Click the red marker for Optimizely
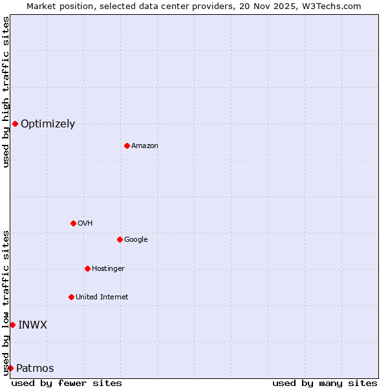tap(15, 124)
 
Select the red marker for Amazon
tap(127, 145)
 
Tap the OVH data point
tap(73, 223)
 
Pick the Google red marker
tap(120, 239)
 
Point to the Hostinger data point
tap(87, 268)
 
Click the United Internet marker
tap(71, 297)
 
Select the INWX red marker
tap(12, 325)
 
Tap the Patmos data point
tap(10, 368)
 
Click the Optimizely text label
tap(48, 124)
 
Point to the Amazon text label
tap(145, 146)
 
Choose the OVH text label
tap(85, 224)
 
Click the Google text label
tap(136, 240)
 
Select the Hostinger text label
tap(108, 269)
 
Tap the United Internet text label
tap(102, 297)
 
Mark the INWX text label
tap(32, 325)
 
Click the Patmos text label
tap(35, 369)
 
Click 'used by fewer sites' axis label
tap(67, 383)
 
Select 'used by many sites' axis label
tap(325, 383)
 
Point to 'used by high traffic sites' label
tap(6, 92)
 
